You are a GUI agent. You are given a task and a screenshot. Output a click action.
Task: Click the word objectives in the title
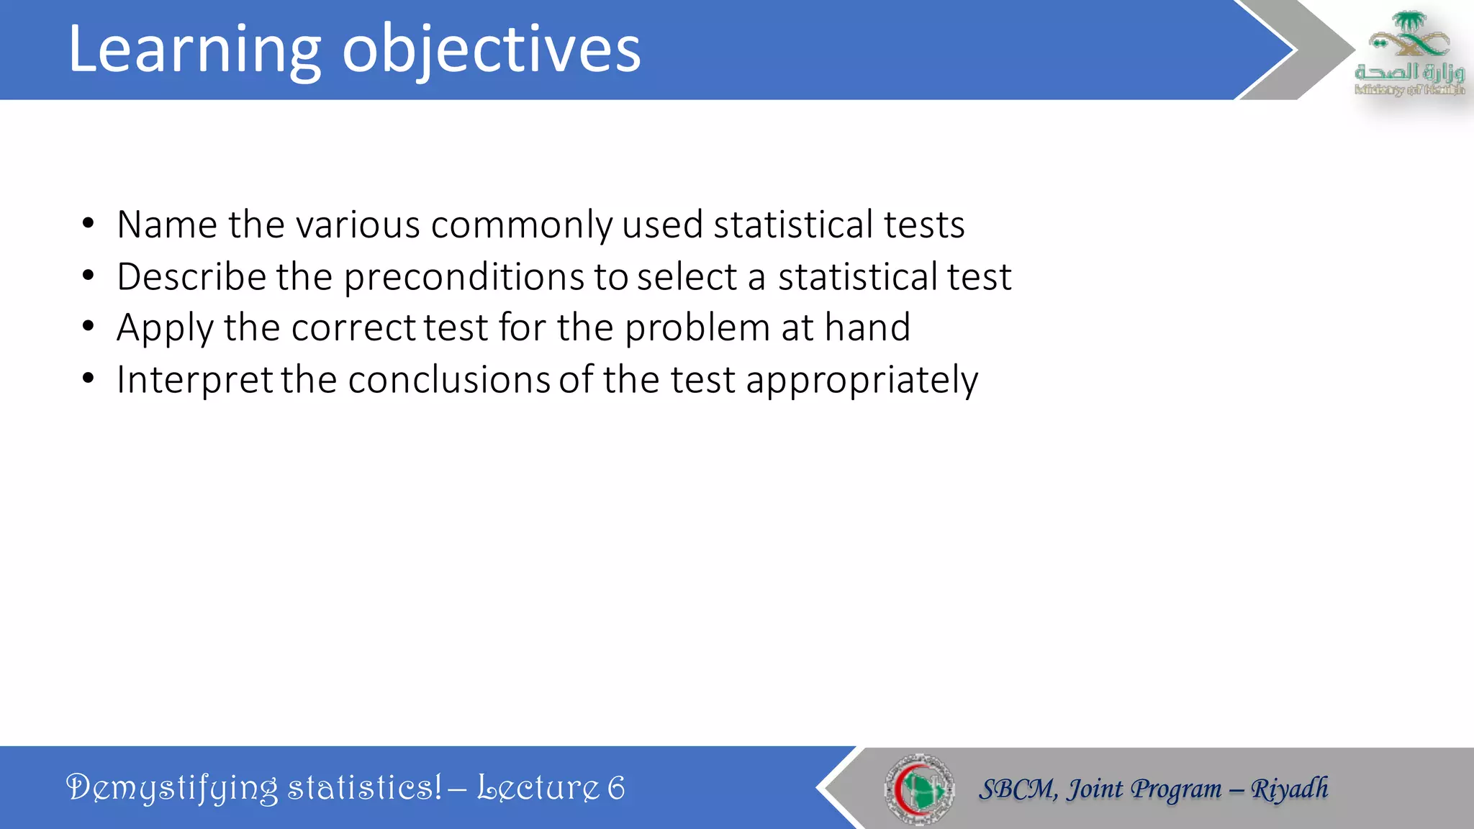(x=491, y=50)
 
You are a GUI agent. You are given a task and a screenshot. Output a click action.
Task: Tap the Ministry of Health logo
(x=1409, y=53)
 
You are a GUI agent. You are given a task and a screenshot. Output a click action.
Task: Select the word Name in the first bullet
(x=167, y=225)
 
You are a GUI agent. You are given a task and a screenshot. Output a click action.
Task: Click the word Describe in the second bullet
(x=191, y=277)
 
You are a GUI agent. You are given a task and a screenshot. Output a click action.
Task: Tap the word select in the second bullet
(x=687, y=277)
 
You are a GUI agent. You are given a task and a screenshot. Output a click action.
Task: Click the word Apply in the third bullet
(x=165, y=329)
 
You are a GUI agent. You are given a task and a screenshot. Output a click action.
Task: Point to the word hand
(x=867, y=327)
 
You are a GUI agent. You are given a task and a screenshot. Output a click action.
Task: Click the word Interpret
(x=194, y=380)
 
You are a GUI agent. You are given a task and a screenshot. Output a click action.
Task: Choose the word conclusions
(x=449, y=380)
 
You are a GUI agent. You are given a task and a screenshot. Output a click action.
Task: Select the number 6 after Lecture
(x=616, y=788)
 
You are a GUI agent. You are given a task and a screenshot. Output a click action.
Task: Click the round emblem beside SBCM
(x=919, y=789)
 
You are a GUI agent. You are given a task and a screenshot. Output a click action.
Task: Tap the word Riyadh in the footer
(x=1289, y=789)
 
